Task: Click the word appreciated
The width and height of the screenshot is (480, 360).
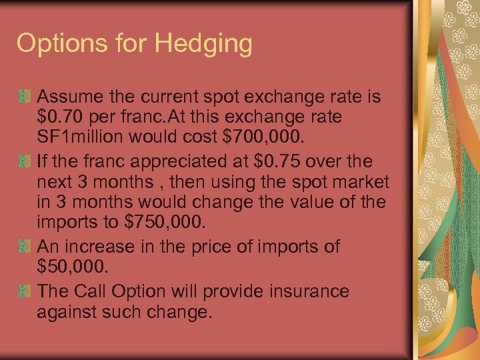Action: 181,161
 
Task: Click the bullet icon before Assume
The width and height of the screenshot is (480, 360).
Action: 25,97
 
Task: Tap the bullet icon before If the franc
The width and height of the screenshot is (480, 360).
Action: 25,161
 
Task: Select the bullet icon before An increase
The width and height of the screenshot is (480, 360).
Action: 25,246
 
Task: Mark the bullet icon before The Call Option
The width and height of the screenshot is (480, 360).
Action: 25,291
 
